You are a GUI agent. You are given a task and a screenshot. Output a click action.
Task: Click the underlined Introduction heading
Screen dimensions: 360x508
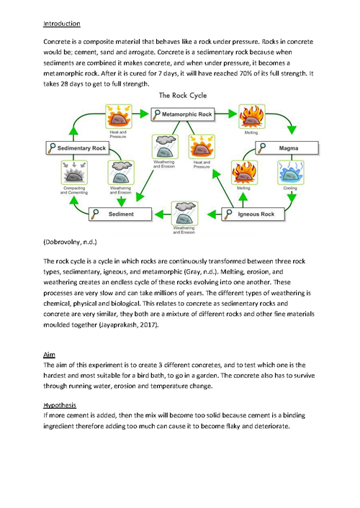coord(62,24)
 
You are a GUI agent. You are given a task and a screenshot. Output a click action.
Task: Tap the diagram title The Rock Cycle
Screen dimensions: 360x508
coord(183,95)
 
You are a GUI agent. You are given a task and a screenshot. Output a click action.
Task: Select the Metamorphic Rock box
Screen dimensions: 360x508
coord(183,114)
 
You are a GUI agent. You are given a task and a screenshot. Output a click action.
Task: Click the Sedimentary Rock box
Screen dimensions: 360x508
coord(78,148)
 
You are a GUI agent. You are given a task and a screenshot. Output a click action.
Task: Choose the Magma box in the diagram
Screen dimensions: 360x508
coord(287,148)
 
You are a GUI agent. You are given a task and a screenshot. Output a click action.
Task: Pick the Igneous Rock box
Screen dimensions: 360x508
coord(253,214)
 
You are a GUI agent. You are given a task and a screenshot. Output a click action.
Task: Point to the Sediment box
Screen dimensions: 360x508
coord(120,214)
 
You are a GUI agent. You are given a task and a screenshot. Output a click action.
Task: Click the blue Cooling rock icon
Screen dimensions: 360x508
coord(291,173)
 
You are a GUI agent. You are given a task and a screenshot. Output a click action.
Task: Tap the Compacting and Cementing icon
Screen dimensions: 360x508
coord(74,173)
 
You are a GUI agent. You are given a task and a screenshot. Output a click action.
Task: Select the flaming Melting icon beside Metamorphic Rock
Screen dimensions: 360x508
coord(252,117)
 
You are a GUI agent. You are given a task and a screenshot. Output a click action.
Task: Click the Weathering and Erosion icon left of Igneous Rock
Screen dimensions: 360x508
coord(184,213)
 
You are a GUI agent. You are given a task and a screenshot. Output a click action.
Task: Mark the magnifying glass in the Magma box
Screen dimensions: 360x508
coord(261,148)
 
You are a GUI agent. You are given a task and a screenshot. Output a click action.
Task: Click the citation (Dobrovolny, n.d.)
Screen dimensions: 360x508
coord(70,242)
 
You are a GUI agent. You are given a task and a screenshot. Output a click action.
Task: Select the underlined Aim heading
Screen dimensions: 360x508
coord(49,355)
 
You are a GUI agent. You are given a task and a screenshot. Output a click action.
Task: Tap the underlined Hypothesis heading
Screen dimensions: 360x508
coord(60,405)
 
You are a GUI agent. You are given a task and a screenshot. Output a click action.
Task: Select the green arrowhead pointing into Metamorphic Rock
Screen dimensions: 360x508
coord(145,114)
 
